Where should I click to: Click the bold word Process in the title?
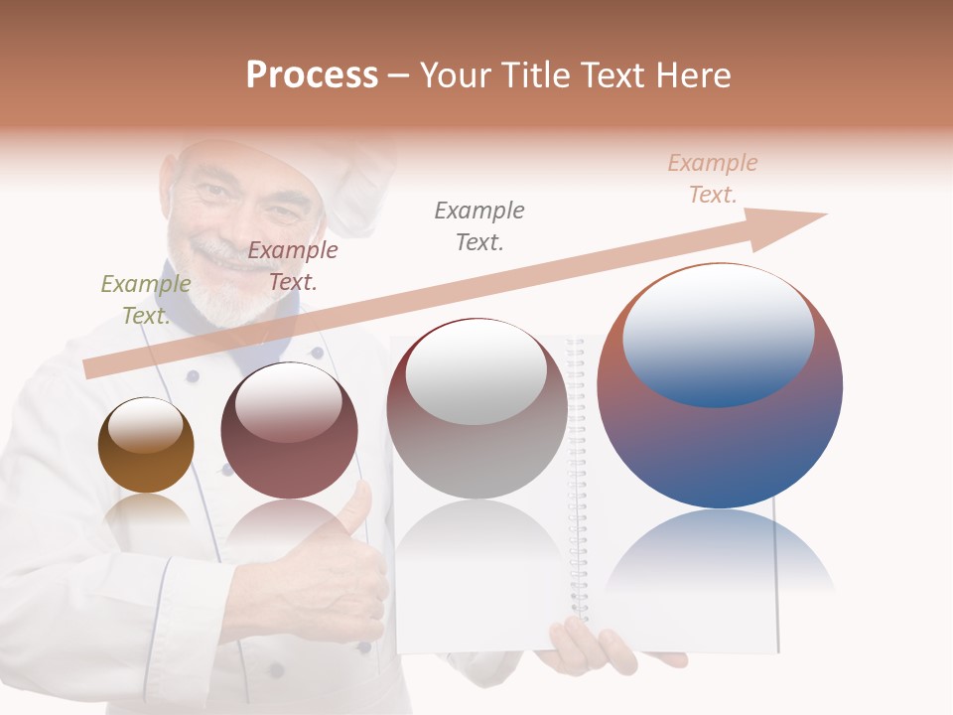click(x=312, y=75)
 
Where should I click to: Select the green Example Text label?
click(x=145, y=299)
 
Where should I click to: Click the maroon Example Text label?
click(x=293, y=265)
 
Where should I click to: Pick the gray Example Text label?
click(x=479, y=225)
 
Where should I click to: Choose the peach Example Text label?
click(x=713, y=179)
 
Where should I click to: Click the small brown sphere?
click(x=146, y=445)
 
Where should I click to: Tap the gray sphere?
click(x=476, y=408)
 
